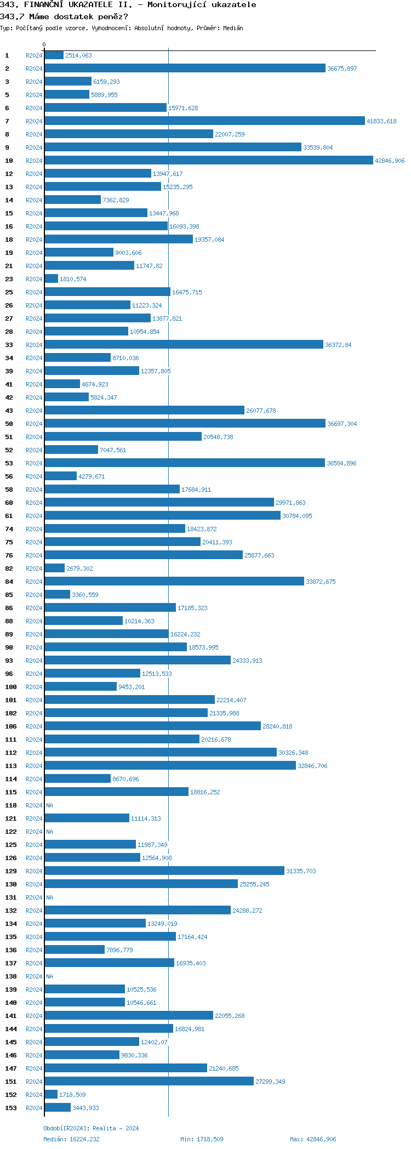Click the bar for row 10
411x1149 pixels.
click(208, 161)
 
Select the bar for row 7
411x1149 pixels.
click(204, 121)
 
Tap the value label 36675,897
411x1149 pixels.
click(342, 69)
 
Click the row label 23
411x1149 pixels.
click(9, 279)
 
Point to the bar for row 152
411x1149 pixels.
click(51, 1095)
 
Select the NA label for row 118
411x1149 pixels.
click(50, 805)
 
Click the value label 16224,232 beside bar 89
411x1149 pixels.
click(185, 634)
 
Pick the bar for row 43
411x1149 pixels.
click(144, 411)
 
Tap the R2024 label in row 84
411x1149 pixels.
click(34, 582)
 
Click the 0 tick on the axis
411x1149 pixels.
click(44, 44)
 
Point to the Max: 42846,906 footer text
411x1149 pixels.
click(313, 1139)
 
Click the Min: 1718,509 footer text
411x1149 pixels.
click(202, 1139)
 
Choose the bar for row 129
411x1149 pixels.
click(164, 871)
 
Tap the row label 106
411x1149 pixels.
click(11, 726)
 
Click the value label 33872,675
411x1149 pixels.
click(321, 582)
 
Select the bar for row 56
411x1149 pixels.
click(60, 476)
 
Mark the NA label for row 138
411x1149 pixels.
click(50, 976)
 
